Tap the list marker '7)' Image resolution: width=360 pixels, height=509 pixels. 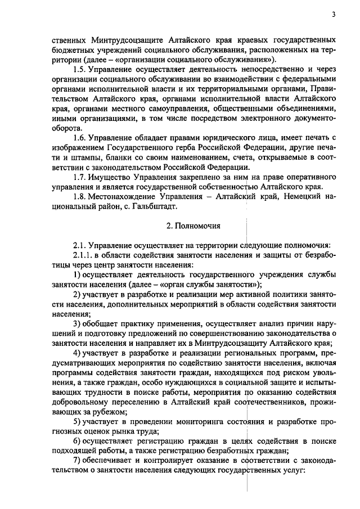pyautogui.click(x=78, y=460)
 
